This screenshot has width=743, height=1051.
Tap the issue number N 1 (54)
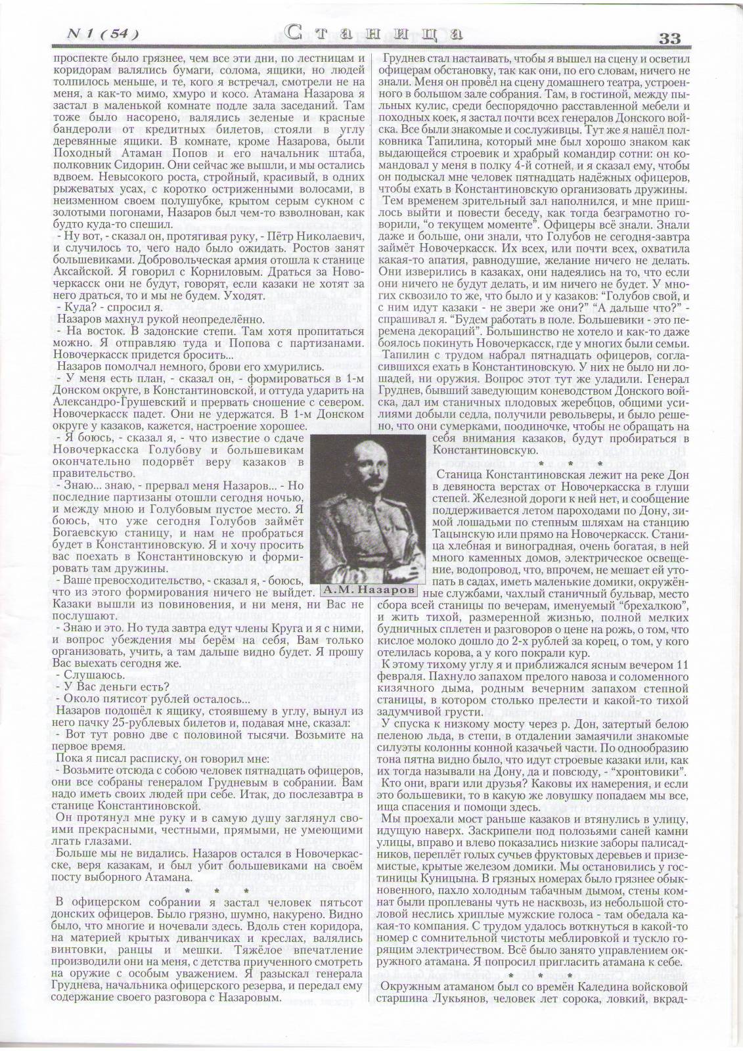pos(104,34)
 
